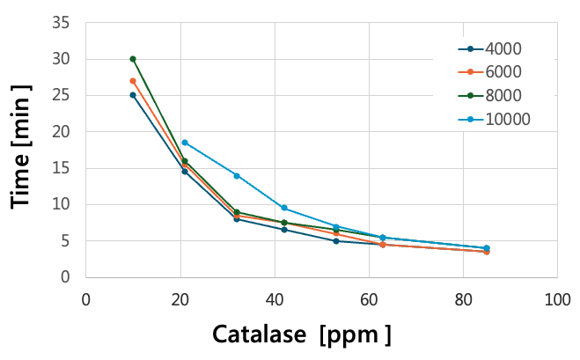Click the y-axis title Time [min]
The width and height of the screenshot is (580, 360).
(x=23, y=146)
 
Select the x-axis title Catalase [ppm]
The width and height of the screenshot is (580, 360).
(x=301, y=335)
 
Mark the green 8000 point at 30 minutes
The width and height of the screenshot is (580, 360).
(x=133, y=59)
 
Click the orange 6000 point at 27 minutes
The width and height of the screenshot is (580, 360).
(x=133, y=81)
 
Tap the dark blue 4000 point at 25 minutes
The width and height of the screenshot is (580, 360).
(x=133, y=95)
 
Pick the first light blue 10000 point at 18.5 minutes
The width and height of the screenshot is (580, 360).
(x=185, y=143)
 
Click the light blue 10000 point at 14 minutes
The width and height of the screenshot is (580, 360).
(x=237, y=175)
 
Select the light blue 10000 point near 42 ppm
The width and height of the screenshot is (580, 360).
(x=283, y=208)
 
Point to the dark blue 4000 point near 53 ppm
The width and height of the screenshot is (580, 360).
(x=335, y=241)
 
